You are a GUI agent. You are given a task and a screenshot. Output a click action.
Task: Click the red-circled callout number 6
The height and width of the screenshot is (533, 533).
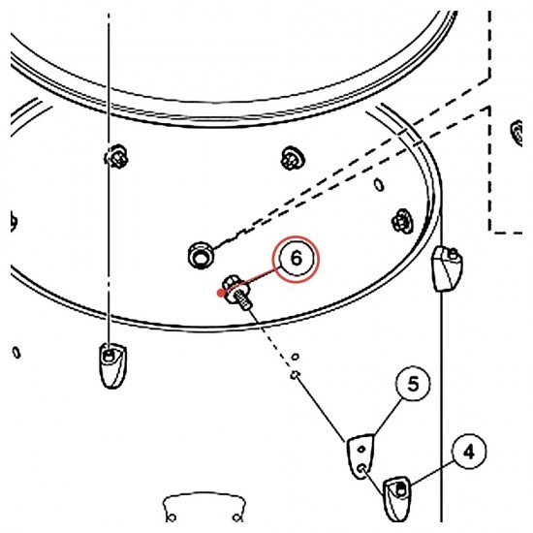[x=296, y=259]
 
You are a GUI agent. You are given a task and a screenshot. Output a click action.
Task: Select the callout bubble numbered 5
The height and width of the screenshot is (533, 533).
[x=413, y=384]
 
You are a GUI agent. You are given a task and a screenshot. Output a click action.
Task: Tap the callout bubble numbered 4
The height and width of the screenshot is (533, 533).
[x=469, y=452]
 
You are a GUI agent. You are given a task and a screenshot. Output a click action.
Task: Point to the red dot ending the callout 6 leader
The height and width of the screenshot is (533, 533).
[x=221, y=293]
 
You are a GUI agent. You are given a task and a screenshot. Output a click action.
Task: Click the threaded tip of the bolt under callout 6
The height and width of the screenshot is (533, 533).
[x=245, y=303]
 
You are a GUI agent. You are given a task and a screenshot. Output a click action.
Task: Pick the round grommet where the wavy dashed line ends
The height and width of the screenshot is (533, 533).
[x=201, y=255]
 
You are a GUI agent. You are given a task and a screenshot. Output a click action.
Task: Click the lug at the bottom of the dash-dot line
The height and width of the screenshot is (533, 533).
[x=112, y=365]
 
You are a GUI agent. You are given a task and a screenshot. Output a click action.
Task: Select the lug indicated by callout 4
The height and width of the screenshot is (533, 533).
[x=397, y=498]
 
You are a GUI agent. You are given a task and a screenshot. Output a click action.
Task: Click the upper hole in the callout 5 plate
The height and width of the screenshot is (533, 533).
[x=361, y=449]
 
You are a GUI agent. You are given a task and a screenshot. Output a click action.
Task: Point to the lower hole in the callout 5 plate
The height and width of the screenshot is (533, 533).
[x=362, y=468]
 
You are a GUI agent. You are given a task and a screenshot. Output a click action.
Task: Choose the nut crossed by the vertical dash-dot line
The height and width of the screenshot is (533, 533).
[x=116, y=157]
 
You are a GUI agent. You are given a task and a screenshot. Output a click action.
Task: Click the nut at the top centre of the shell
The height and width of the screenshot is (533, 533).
[x=293, y=158]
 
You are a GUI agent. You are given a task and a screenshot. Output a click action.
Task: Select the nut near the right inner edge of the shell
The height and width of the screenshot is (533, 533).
[x=402, y=221]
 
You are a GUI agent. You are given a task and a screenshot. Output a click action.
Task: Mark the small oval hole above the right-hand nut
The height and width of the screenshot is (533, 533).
[x=379, y=185]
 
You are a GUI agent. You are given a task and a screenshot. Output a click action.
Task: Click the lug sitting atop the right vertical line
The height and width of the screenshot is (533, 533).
[x=447, y=268]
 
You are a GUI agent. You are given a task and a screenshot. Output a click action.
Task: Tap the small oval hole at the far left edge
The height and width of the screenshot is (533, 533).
[x=16, y=353]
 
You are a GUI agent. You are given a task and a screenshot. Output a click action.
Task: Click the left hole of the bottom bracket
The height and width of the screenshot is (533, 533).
[x=172, y=517]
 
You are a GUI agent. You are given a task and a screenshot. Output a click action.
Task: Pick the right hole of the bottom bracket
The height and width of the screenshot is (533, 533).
[x=236, y=517]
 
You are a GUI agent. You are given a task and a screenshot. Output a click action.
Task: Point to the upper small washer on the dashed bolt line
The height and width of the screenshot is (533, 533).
[x=296, y=357]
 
